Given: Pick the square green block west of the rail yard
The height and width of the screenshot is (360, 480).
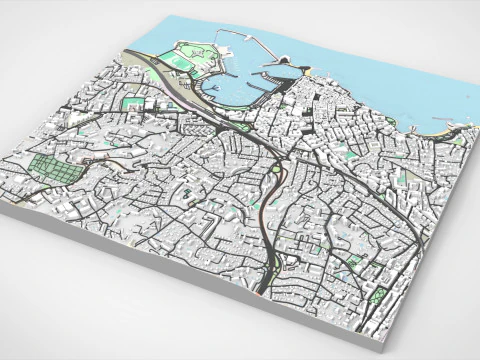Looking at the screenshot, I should (x=130, y=102).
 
